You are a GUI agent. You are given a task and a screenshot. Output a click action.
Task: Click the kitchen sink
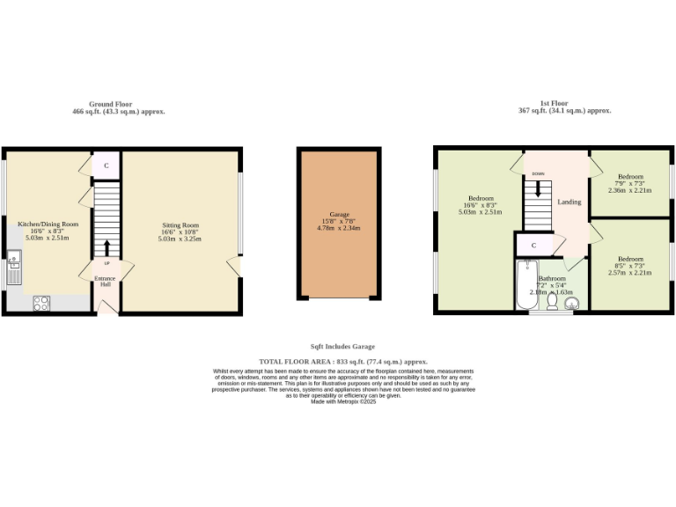[x=15, y=268]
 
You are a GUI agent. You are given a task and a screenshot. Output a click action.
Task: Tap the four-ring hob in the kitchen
[x=41, y=302]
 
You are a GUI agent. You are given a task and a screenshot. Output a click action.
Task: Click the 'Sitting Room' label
[x=180, y=225]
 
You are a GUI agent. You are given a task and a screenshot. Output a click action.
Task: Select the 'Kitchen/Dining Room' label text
[x=48, y=224]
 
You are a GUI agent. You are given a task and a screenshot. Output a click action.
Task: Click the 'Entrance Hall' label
[x=106, y=281]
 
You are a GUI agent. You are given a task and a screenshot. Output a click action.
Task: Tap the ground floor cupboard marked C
[x=107, y=165]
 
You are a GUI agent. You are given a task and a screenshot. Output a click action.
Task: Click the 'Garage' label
[x=338, y=214]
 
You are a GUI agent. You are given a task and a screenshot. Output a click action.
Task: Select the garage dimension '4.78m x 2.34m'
[x=338, y=228]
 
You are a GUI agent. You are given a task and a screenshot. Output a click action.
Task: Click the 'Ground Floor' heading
[x=118, y=104]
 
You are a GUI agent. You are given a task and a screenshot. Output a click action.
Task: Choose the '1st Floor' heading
[x=564, y=104]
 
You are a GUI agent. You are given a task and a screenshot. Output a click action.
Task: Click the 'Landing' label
[x=569, y=202]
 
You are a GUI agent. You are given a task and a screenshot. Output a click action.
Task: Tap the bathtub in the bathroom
[x=527, y=283]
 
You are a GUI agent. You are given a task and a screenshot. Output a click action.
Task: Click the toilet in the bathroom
[x=552, y=302]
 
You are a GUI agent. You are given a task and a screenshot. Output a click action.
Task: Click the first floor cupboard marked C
[x=533, y=245]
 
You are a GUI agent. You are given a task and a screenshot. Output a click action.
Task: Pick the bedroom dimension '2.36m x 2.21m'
[x=629, y=190]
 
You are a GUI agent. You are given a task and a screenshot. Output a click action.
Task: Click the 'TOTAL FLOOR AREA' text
[x=342, y=362]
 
